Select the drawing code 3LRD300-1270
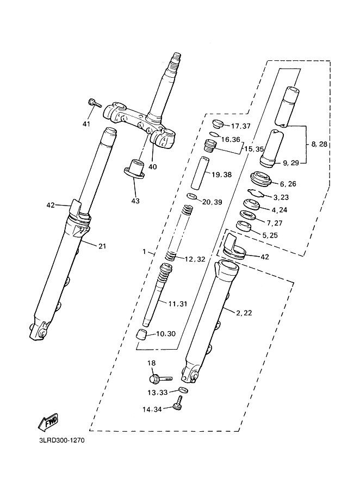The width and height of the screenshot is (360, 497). tap(62, 440)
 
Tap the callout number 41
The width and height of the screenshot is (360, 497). tap(86, 123)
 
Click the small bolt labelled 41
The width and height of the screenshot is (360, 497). tap(94, 103)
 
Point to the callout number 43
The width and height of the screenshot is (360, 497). tap(135, 201)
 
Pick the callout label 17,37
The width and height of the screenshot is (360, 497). tap(241, 126)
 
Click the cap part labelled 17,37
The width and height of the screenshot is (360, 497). tap(218, 123)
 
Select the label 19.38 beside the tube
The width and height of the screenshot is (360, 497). tap(222, 175)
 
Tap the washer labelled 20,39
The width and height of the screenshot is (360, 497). tap(192, 196)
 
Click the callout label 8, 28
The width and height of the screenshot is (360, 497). tap(319, 144)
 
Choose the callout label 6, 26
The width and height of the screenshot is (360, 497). tap(288, 184)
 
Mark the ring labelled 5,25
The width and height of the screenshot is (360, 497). tap(244, 226)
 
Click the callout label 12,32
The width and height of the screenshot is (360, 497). tap(195, 259)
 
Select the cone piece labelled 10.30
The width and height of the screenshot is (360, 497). tap(141, 334)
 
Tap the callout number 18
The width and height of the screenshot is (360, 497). tap(152, 363)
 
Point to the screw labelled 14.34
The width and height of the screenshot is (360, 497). tap(178, 403)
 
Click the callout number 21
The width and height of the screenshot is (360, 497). tap(102, 246)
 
